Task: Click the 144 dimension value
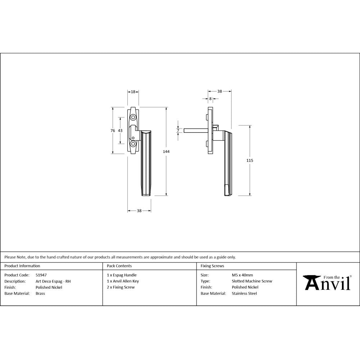(x=166, y=152)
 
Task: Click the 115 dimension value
(x=249, y=160)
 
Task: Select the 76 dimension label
(x=113, y=131)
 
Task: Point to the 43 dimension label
(x=120, y=131)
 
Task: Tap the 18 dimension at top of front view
(x=133, y=92)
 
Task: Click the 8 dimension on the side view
(x=210, y=99)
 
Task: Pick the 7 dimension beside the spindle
(x=177, y=130)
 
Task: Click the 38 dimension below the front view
(x=139, y=211)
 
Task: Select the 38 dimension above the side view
(x=220, y=91)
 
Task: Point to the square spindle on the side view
(x=195, y=130)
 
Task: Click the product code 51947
(x=41, y=275)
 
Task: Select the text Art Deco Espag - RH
(x=53, y=281)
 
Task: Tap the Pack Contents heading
(x=119, y=266)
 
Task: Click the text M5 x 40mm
(x=242, y=275)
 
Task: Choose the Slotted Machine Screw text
(x=252, y=281)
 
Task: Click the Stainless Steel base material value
(x=244, y=293)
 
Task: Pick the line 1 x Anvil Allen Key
(x=123, y=281)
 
